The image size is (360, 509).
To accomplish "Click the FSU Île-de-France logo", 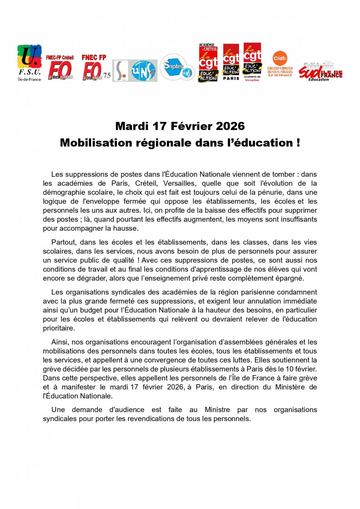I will [x=29, y=63].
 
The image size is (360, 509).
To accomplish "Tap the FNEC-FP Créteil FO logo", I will [x=60, y=68].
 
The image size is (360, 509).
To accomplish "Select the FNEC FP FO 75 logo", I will [x=95, y=68].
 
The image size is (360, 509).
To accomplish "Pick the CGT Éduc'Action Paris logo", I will [x=231, y=62].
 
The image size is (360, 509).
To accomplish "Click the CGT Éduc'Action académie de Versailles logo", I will [x=252, y=62].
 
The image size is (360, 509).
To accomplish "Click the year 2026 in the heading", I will [x=230, y=126].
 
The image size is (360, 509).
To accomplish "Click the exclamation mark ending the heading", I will [x=298, y=143].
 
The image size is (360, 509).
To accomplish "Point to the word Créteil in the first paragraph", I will [x=146, y=183].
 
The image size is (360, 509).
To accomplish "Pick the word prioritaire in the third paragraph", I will [x=58, y=328].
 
